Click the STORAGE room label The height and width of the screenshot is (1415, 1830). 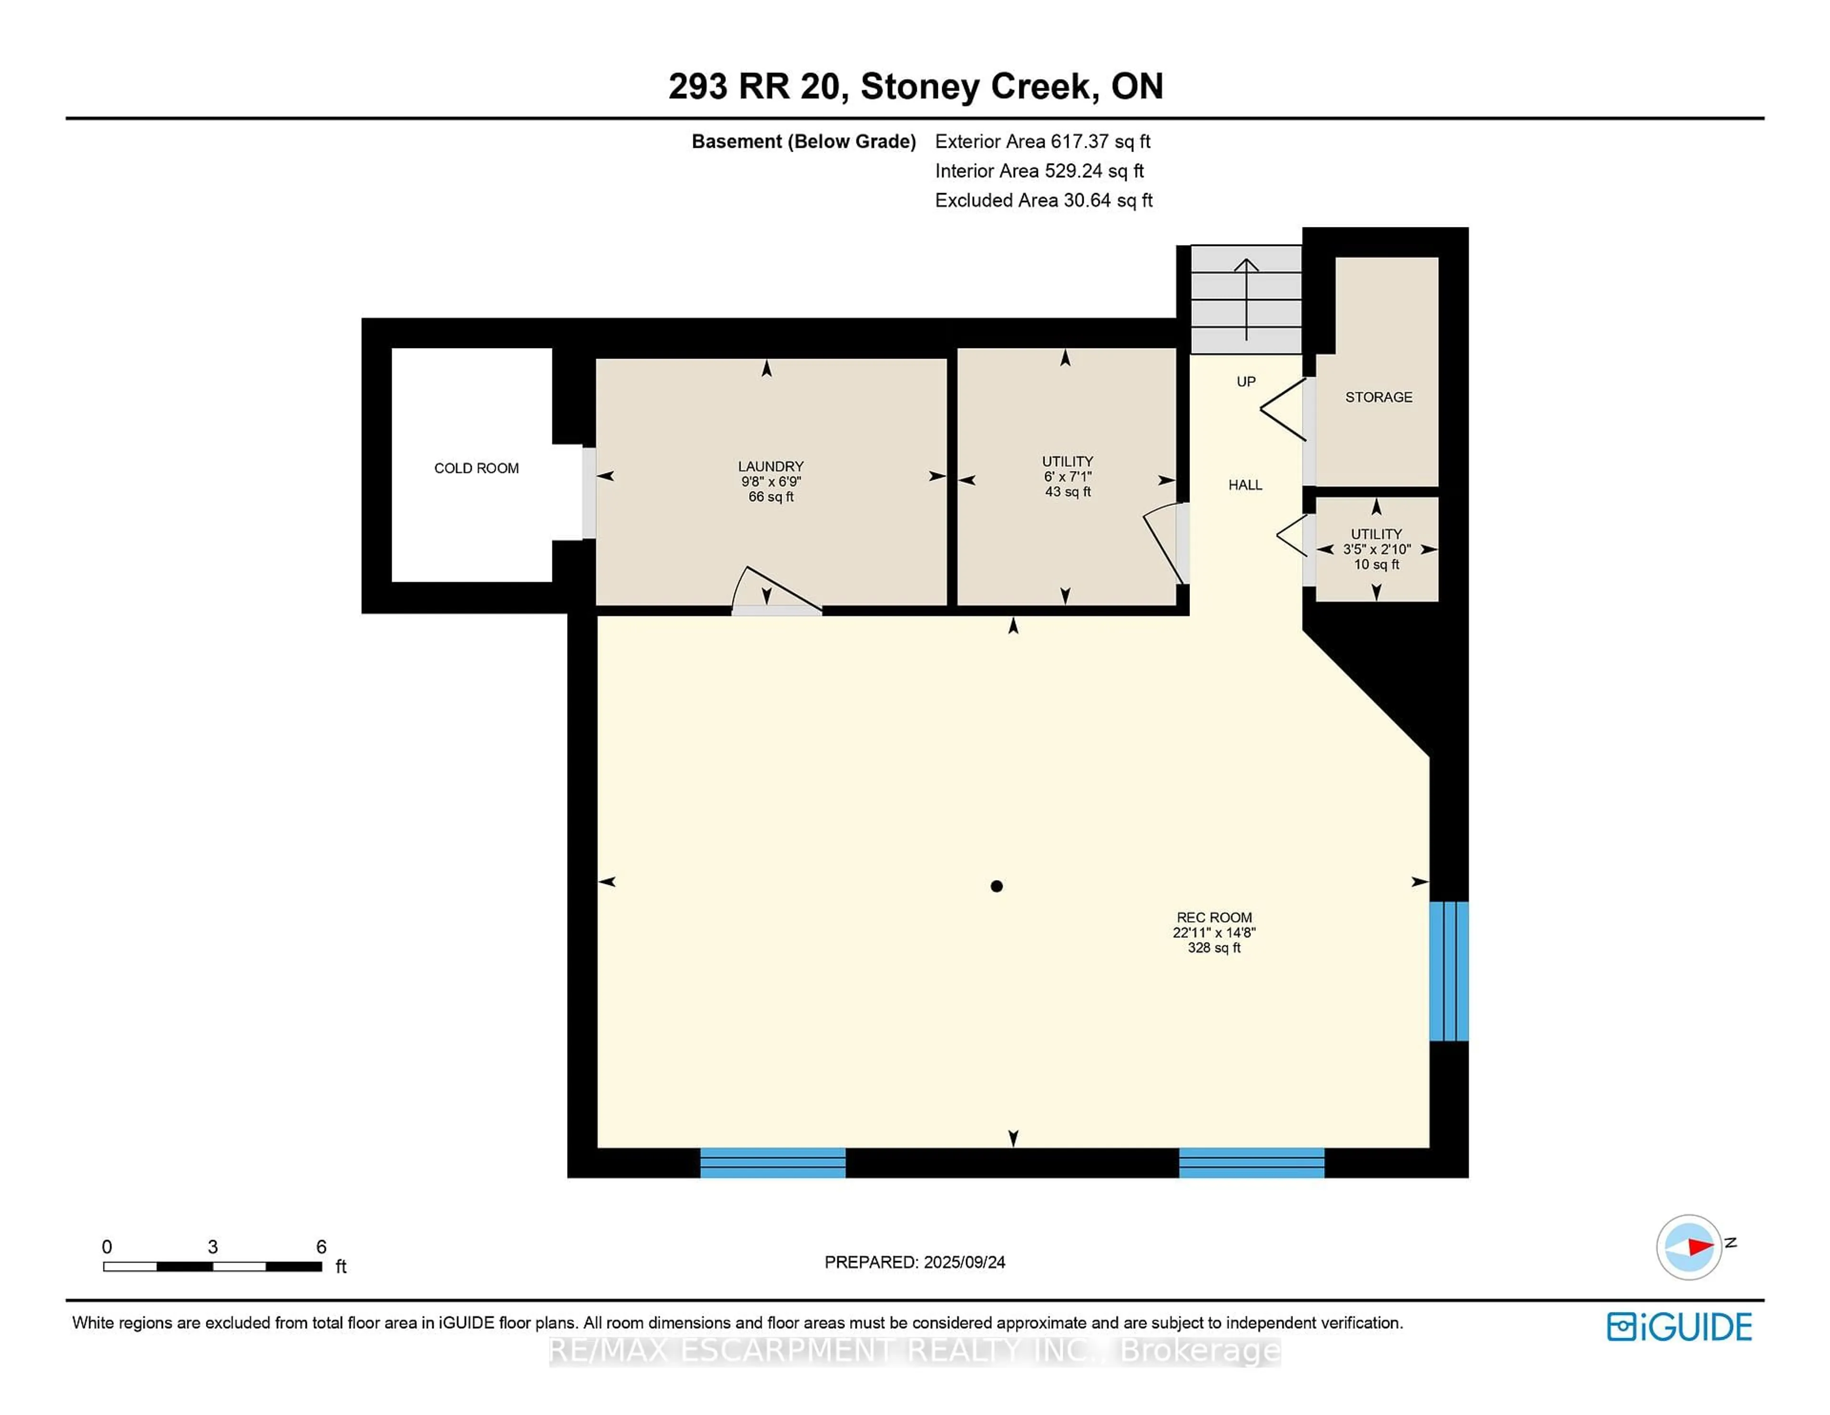tap(1378, 397)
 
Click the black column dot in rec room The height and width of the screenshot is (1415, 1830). tap(996, 886)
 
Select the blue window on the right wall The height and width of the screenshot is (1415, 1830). tap(1449, 971)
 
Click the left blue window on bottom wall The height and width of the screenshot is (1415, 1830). tap(773, 1163)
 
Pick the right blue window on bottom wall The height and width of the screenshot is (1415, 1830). tap(1251, 1163)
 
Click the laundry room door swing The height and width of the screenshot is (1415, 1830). tap(775, 591)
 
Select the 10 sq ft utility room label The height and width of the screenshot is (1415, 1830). tap(1376, 549)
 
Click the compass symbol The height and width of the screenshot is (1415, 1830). tap(1688, 1247)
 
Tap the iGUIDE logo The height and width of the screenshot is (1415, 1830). tap(1679, 1327)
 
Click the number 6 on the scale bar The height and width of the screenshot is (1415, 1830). tap(321, 1247)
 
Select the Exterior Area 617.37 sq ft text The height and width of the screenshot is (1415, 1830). tap(1042, 142)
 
